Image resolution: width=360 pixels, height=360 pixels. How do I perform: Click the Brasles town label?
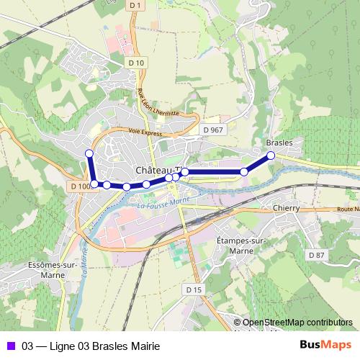coord(279,143)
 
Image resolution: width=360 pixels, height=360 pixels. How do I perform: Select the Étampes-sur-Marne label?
coord(241,244)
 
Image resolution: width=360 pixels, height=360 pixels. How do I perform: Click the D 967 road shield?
coord(213,130)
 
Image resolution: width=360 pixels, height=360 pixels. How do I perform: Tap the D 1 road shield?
coord(134,5)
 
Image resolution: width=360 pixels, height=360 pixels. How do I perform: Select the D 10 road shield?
coord(138,63)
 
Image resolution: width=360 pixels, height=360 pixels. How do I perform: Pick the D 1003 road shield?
coord(81,186)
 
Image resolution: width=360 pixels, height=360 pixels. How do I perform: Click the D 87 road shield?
coord(316,255)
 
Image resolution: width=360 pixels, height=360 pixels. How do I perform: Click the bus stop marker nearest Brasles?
coord(271,156)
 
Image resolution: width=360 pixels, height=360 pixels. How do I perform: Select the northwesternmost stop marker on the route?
coord(89,153)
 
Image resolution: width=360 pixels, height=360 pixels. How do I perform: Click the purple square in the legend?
coord(10,345)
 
